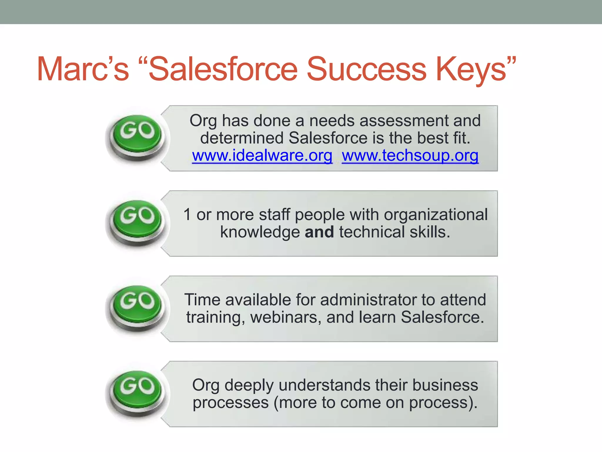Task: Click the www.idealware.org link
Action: pyautogui.click(x=262, y=155)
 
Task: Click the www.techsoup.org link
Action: pyautogui.click(x=410, y=155)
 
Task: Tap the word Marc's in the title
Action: pyautogui.click(x=83, y=69)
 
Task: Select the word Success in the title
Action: pyautogui.click(x=366, y=69)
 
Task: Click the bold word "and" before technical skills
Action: pyautogui.click(x=319, y=232)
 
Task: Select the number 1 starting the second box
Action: pyautogui.click(x=187, y=215)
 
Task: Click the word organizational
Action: pyautogui.click(x=436, y=215)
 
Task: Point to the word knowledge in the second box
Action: pyautogui.click(x=260, y=232)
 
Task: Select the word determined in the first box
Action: pyautogui.click(x=242, y=138)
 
